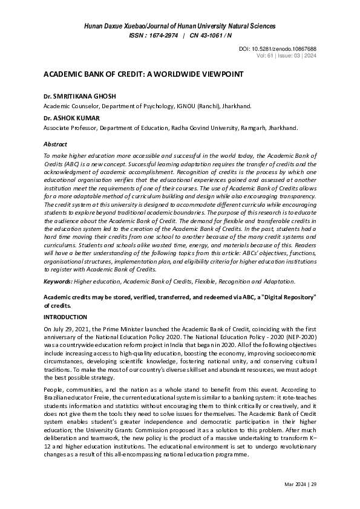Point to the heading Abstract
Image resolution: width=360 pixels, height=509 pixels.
(55, 144)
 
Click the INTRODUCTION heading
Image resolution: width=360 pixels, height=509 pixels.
(65, 317)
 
